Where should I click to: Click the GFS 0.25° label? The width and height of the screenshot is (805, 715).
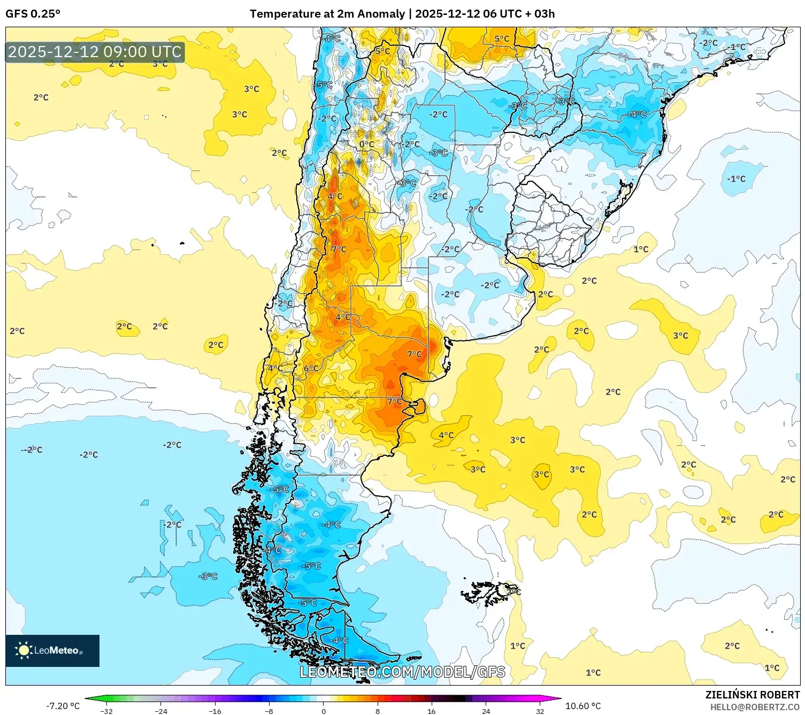click(x=33, y=14)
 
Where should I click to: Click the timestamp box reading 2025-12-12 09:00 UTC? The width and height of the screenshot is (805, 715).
click(x=95, y=52)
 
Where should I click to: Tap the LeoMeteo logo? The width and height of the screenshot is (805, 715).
click(x=52, y=650)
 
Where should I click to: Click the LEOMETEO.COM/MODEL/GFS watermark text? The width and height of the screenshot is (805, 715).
click(x=402, y=672)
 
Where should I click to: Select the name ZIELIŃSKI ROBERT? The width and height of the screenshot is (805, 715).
click(x=752, y=695)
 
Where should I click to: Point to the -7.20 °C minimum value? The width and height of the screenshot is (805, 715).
click(x=63, y=706)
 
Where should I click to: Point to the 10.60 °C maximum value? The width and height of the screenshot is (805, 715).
click(x=583, y=706)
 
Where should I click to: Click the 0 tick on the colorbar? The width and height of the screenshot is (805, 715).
click(x=323, y=711)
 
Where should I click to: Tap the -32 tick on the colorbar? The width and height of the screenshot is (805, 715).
click(x=106, y=711)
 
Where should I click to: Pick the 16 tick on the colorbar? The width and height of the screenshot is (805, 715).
click(x=431, y=711)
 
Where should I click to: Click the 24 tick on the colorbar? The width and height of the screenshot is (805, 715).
click(x=486, y=711)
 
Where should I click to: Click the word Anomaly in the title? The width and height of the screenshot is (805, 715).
click(x=381, y=14)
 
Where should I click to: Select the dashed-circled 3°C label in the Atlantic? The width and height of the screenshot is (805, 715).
click(x=541, y=475)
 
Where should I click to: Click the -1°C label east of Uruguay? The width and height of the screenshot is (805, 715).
click(x=736, y=179)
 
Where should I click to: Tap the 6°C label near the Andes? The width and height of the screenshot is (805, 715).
click(x=311, y=368)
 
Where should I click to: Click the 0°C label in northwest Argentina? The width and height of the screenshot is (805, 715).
click(x=366, y=144)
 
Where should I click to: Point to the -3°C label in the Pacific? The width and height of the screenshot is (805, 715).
click(x=208, y=576)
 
